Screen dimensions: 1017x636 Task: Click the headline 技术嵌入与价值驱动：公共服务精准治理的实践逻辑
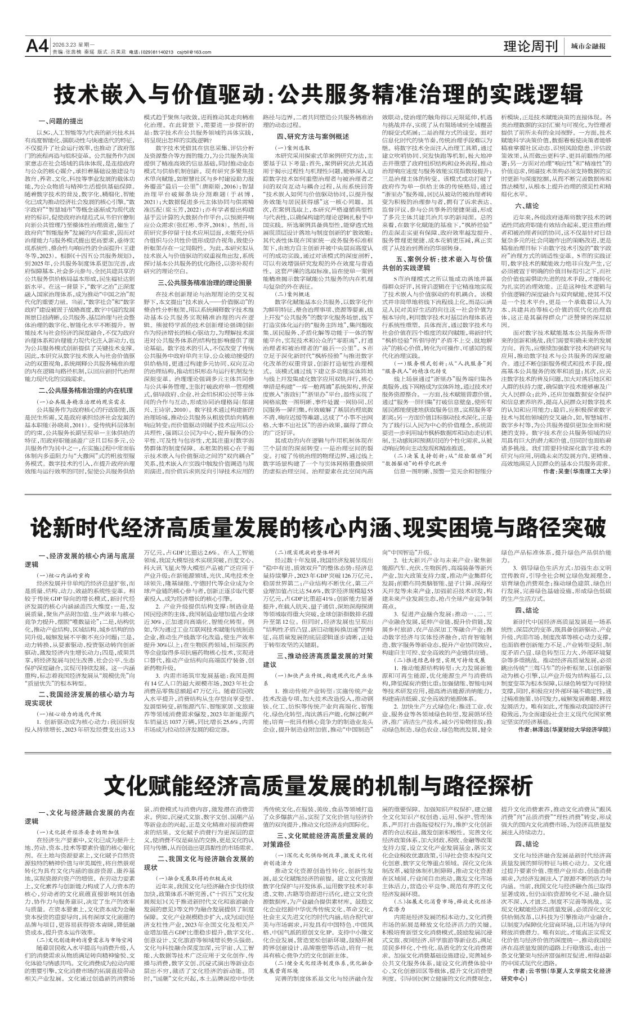(318, 93)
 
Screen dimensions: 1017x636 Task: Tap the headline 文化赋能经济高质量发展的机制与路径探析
(318, 784)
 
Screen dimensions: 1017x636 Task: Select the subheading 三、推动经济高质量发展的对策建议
(318, 660)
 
